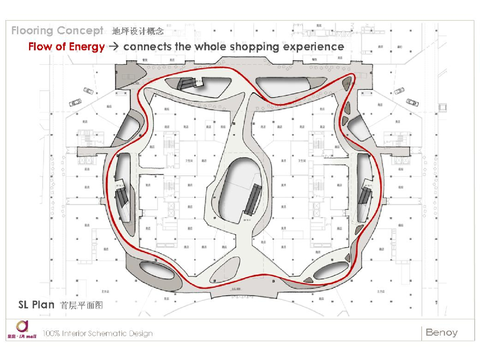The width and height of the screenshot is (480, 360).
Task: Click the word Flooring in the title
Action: (32, 31)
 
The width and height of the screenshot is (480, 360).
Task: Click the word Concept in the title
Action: (80, 31)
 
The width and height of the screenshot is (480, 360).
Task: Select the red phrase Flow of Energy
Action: (67, 47)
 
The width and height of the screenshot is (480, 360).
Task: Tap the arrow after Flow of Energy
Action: (114, 47)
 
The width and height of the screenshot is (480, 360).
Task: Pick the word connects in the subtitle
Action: (147, 47)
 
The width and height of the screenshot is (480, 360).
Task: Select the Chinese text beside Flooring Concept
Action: (138, 31)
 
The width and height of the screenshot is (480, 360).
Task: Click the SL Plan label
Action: (37, 305)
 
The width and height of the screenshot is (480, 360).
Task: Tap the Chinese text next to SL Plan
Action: (82, 305)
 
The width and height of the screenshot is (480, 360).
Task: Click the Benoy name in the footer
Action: (442, 332)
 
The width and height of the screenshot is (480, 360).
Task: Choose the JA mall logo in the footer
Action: (22, 330)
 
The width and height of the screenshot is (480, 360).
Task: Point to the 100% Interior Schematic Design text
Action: (97, 334)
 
